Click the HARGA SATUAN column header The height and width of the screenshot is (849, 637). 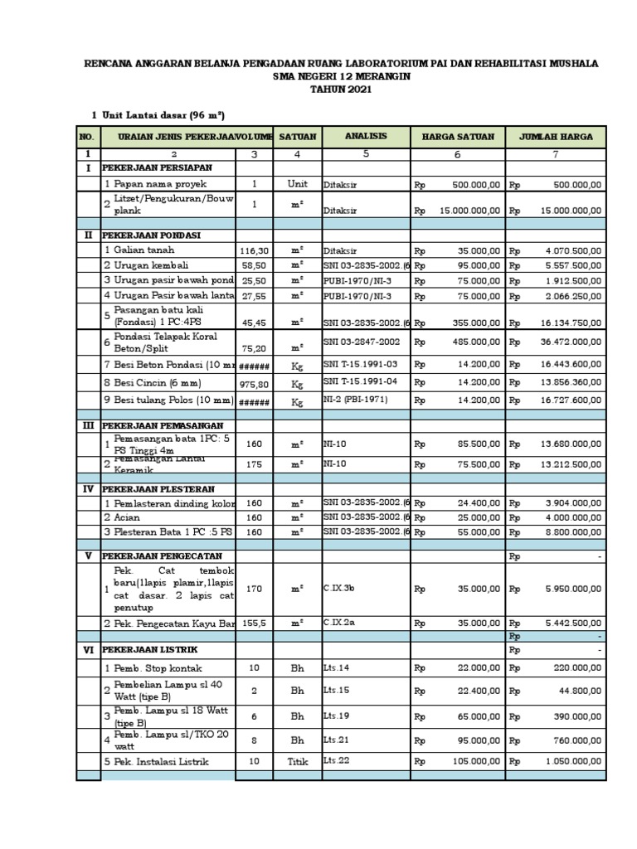pyautogui.click(x=458, y=137)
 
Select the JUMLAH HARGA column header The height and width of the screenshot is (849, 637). pyautogui.click(x=557, y=137)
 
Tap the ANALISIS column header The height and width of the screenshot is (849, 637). pyautogui.click(x=367, y=136)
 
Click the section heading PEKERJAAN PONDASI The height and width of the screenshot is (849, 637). pyautogui.click(x=148, y=235)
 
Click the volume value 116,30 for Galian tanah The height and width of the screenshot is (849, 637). pyautogui.click(x=255, y=250)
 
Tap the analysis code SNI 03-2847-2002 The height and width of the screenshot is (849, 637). pyautogui.click(x=362, y=341)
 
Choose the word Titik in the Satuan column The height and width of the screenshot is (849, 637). pyautogui.click(x=297, y=761)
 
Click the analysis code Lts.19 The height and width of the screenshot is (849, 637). pyautogui.click(x=334, y=714)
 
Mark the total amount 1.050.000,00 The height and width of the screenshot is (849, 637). pyautogui.click(x=573, y=761)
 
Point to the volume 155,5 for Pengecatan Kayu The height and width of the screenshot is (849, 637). pyautogui.click(x=255, y=621)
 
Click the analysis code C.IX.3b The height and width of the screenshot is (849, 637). pyautogui.click(x=340, y=589)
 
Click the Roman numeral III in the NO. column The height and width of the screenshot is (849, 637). pyautogui.click(x=88, y=424)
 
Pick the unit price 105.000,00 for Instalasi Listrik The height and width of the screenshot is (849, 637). pyautogui.click(x=475, y=761)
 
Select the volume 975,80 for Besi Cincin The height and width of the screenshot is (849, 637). pyautogui.click(x=255, y=383)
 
